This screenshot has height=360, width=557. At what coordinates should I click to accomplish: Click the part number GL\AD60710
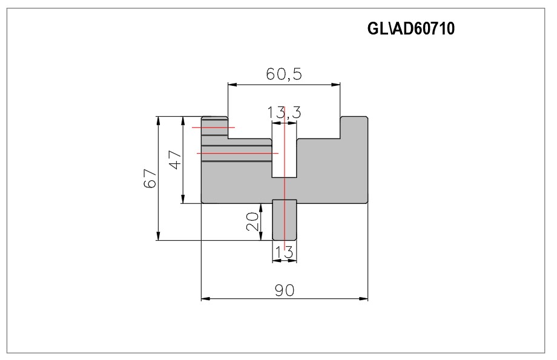pos(410,29)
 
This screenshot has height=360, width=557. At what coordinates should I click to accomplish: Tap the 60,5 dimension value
pos(284,74)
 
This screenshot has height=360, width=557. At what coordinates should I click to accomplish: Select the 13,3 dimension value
pos(284,113)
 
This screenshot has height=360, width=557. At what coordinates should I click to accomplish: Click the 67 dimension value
pos(150,178)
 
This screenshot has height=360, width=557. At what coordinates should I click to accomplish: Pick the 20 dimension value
pos(252,221)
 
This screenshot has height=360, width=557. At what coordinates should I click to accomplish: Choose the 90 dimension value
pos(285,290)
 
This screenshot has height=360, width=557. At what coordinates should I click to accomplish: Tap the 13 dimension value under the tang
pos(284,252)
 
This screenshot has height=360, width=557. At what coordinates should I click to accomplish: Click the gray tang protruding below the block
pos(284,220)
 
